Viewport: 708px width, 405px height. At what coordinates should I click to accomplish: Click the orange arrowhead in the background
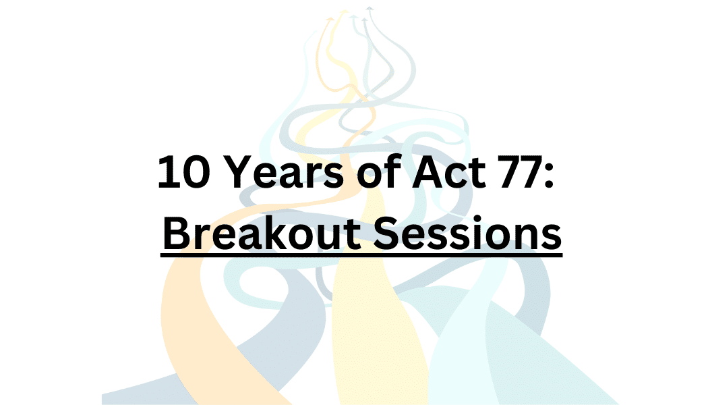click(330, 20)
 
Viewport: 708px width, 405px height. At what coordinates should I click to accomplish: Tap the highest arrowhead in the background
click(370, 9)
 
